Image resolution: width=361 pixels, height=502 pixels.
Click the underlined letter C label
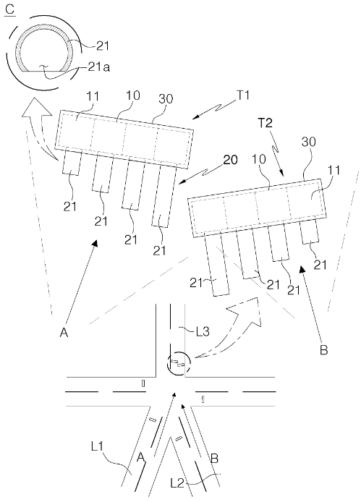(x=10, y=9)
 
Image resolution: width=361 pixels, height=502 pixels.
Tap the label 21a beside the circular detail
(x=98, y=68)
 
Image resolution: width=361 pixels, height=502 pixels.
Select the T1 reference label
(x=243, y=95)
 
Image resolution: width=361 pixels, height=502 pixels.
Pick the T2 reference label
(x=265, y=123)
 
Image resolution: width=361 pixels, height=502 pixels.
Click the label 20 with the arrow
(x=231, y=159)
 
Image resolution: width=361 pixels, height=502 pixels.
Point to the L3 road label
(x=203, y=332)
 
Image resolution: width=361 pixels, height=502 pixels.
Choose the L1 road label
(x=97, y=446)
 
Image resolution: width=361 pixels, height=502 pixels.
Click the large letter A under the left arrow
(x=64, y=333)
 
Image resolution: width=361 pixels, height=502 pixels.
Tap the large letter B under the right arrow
(x=324, y=350)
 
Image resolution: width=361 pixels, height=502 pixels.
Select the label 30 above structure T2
(x=309, y=141)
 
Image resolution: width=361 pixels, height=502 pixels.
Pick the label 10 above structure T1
(x=132, y=95)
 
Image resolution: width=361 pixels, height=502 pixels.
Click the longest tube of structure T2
(x=217, y=265)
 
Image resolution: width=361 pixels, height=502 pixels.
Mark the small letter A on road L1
(x=141, y=459)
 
